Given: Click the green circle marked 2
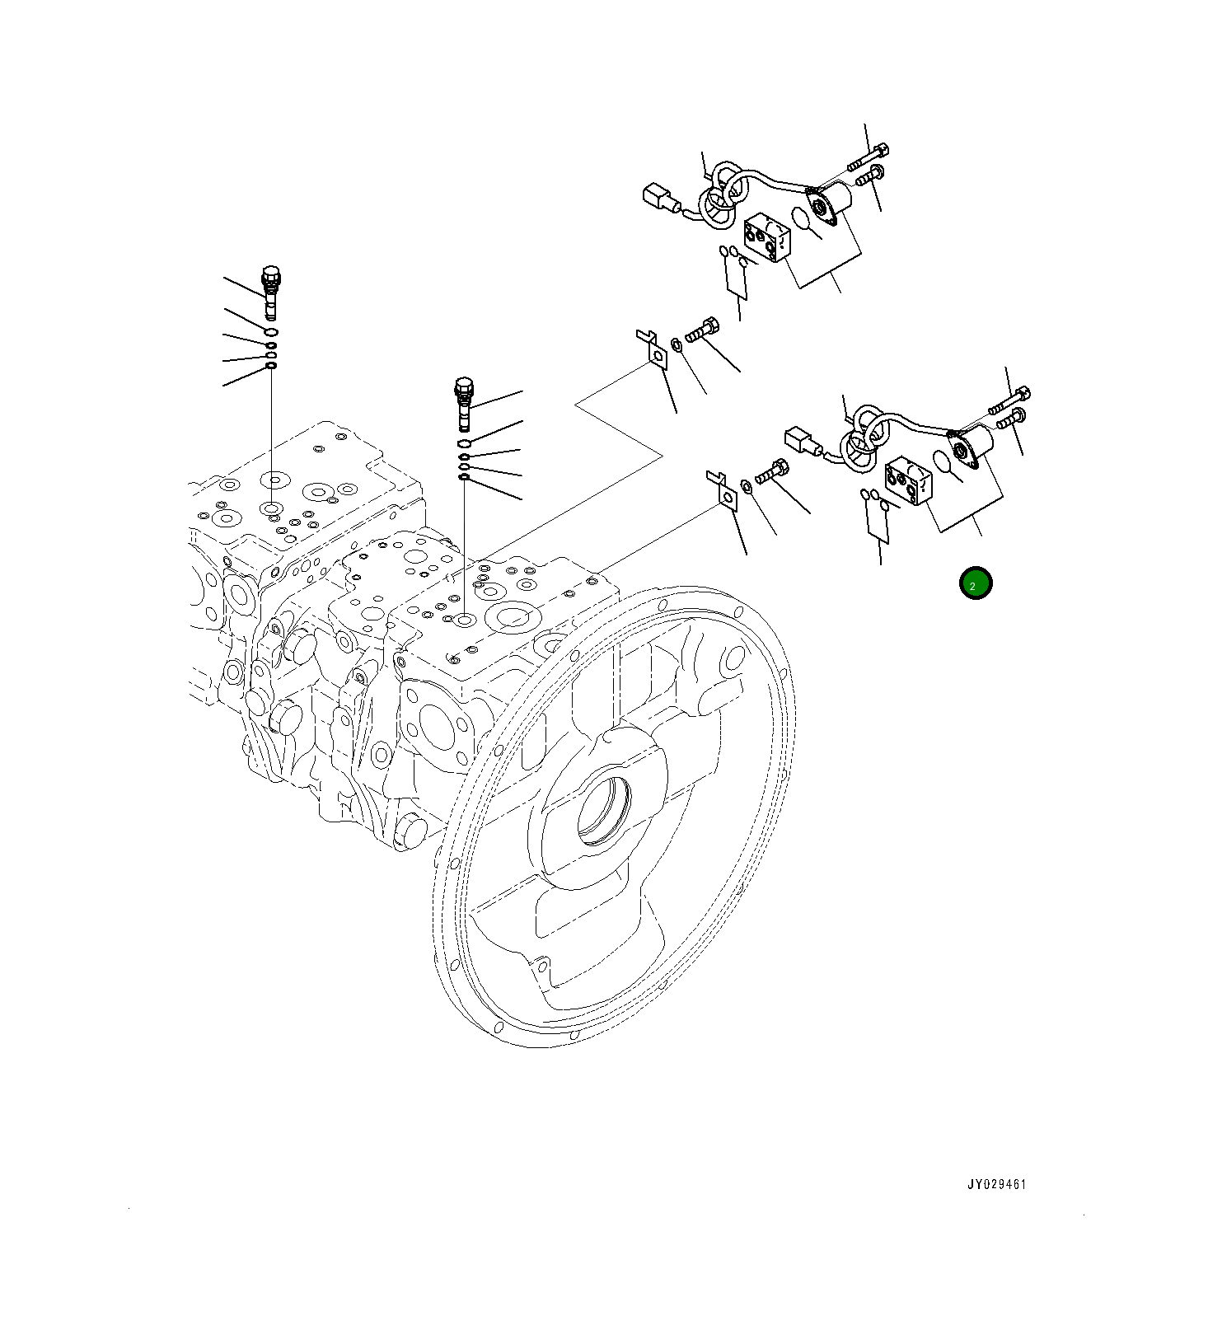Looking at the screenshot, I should (976, 583).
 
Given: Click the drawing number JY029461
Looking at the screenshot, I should (996, 1184).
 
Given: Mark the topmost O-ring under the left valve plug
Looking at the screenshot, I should (271, 331).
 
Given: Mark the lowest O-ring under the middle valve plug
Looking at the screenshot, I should (464, 476).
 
